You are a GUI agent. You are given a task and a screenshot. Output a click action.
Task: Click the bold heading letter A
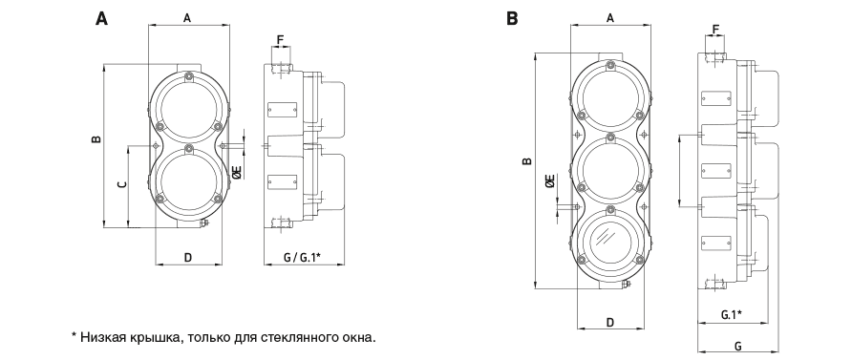pyautogui.click(x=101, y=18)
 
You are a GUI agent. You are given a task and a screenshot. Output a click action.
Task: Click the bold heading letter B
pyautogui.click(x=512, y=18)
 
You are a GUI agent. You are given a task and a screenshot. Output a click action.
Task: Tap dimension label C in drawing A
pyautogui.click(x=122, y=184)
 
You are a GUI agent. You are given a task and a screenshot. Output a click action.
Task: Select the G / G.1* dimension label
pyautogui.click(x=303, y=258)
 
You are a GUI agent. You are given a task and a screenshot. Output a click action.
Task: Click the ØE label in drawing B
pyautogui.click(x=550, y=181)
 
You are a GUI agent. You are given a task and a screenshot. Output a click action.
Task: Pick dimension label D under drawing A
pyautogui.click(x=188, y=258)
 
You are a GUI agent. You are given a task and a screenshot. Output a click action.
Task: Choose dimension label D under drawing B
pyautogui.click(x=610, y=323)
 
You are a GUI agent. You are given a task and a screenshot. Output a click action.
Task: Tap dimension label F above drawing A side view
pyautogui.click(x=281, y=40)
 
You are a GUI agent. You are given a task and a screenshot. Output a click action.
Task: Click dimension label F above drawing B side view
pyautogui.click(x=715, y=29)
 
